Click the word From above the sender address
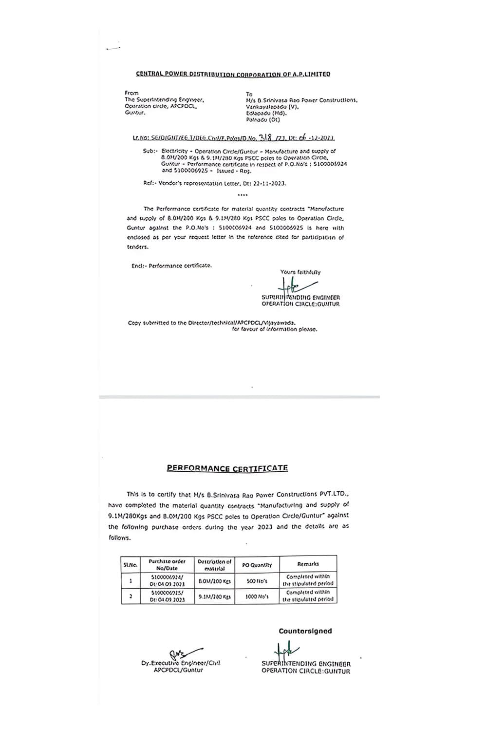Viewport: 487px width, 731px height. (131, 93)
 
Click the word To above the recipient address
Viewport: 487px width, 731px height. (249, 94)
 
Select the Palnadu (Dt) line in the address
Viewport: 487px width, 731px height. (263, 119)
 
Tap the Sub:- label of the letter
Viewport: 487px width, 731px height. (149, 151)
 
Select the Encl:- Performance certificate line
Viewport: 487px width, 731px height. (171, 266)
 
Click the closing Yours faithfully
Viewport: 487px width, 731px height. (300, 272)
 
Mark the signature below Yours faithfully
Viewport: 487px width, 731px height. (297, 285)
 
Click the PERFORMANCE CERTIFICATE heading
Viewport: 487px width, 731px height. (227, 468)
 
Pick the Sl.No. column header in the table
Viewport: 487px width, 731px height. (130, 565)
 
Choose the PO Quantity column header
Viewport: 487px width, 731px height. (257, 565)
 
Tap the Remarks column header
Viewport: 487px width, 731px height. (308, 564)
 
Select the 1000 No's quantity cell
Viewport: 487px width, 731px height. (257, 596)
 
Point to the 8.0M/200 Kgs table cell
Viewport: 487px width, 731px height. (214, 581)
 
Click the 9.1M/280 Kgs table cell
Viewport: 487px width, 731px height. (214, 596)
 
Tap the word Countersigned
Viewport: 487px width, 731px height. (305, 631)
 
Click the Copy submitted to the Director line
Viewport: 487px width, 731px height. (211, 323)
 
